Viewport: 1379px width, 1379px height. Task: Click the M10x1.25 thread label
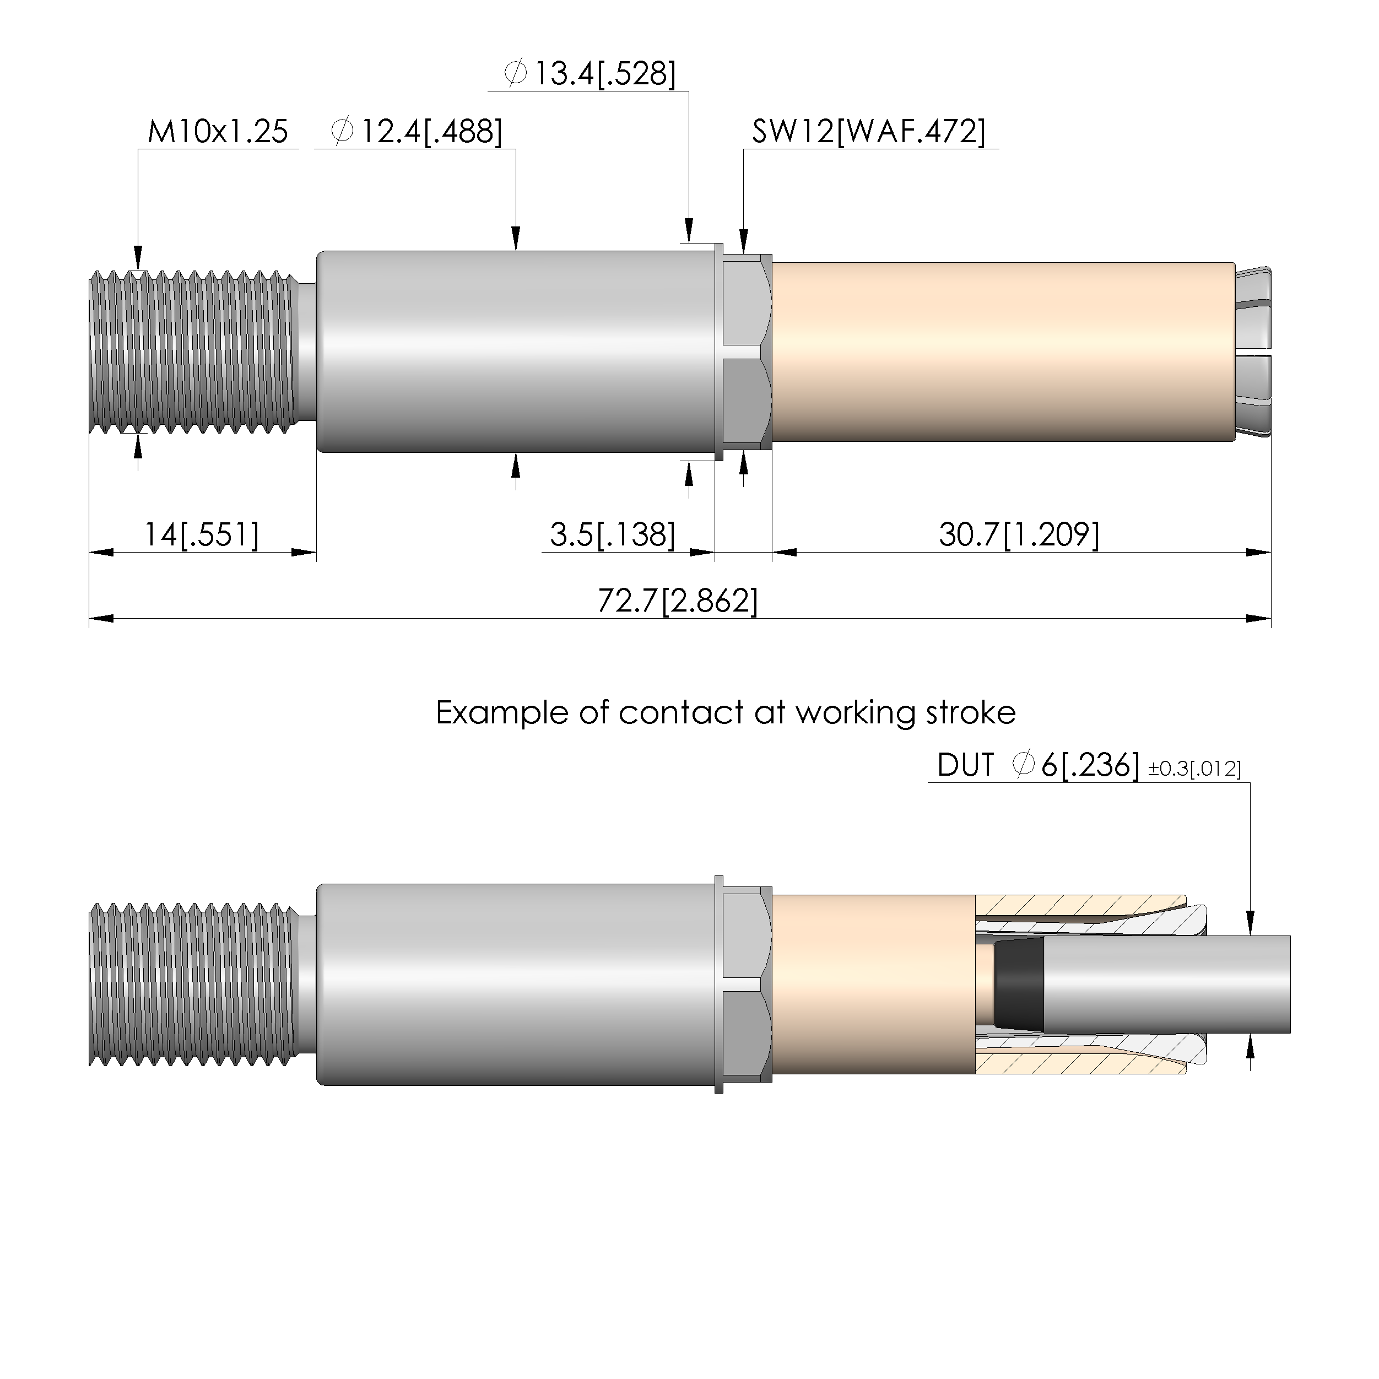tap(218, 132)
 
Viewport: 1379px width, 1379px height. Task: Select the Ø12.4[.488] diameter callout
tap(417, 132)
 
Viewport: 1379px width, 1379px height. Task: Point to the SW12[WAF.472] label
tap(869, 132)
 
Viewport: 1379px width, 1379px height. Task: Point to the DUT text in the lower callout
tap(965, 766)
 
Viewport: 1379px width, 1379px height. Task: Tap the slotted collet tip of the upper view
tap(1253, 353)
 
